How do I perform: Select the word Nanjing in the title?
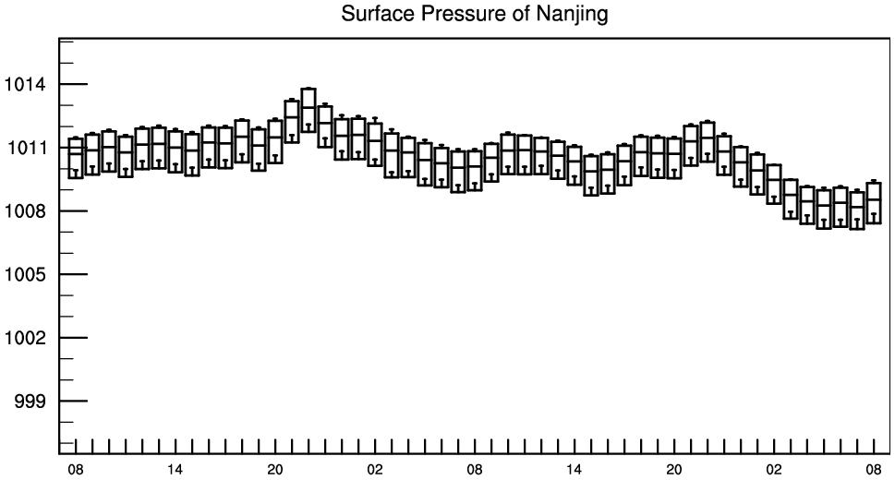point(572,14)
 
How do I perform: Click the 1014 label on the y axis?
point(25,85)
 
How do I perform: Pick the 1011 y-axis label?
point(26,148)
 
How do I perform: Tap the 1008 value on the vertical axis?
point(25,211)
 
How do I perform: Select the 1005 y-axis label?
point(25,274)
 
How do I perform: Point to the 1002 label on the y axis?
point(25,338)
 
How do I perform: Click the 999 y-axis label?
point(30,402)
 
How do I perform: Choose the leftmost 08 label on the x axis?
point(76,470)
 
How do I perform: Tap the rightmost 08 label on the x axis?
point(874,470)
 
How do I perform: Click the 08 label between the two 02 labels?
point(475,470)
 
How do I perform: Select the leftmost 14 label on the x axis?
point(175,470)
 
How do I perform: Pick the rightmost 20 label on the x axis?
point(674,470)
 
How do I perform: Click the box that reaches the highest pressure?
point(308,89)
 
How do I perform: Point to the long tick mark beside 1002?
point(73,338)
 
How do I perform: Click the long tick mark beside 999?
point(73,402)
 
